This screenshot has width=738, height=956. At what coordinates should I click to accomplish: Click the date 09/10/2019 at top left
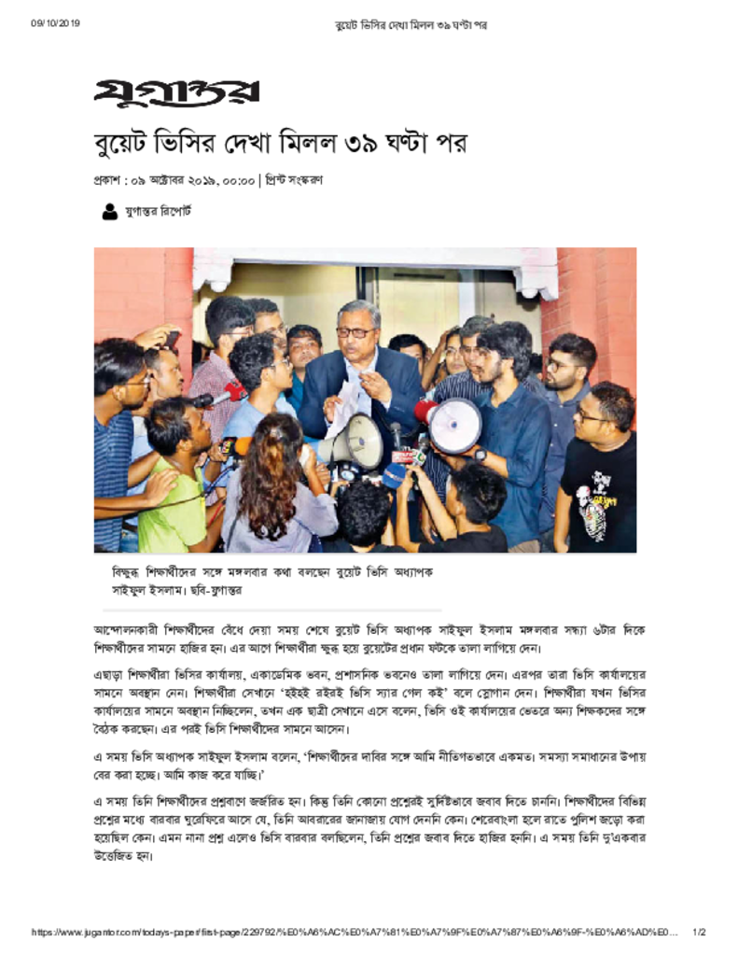[x=55, y=23]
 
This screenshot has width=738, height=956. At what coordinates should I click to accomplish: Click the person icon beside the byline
[x=109, y=212]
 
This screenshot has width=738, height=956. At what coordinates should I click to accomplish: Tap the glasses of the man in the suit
[x=355, y=331]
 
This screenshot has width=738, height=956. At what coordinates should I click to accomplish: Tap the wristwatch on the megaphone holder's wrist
[x=480, y=456]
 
